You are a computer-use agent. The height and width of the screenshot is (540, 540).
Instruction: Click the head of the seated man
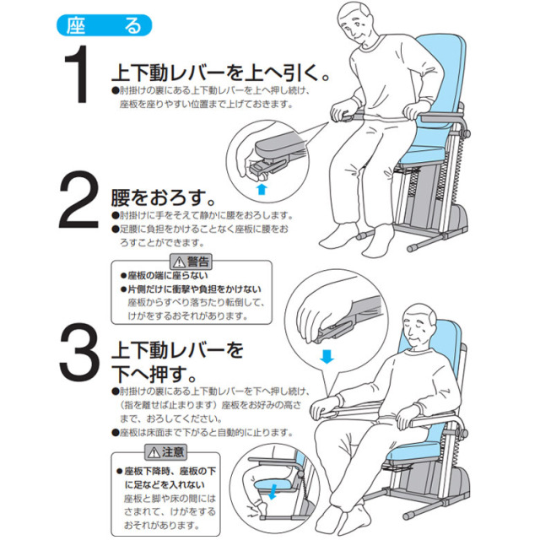[422, 325]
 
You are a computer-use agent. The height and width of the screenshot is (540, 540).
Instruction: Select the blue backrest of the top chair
[443, 76]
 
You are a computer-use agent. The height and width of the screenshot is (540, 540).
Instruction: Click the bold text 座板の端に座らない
[166, 276]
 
